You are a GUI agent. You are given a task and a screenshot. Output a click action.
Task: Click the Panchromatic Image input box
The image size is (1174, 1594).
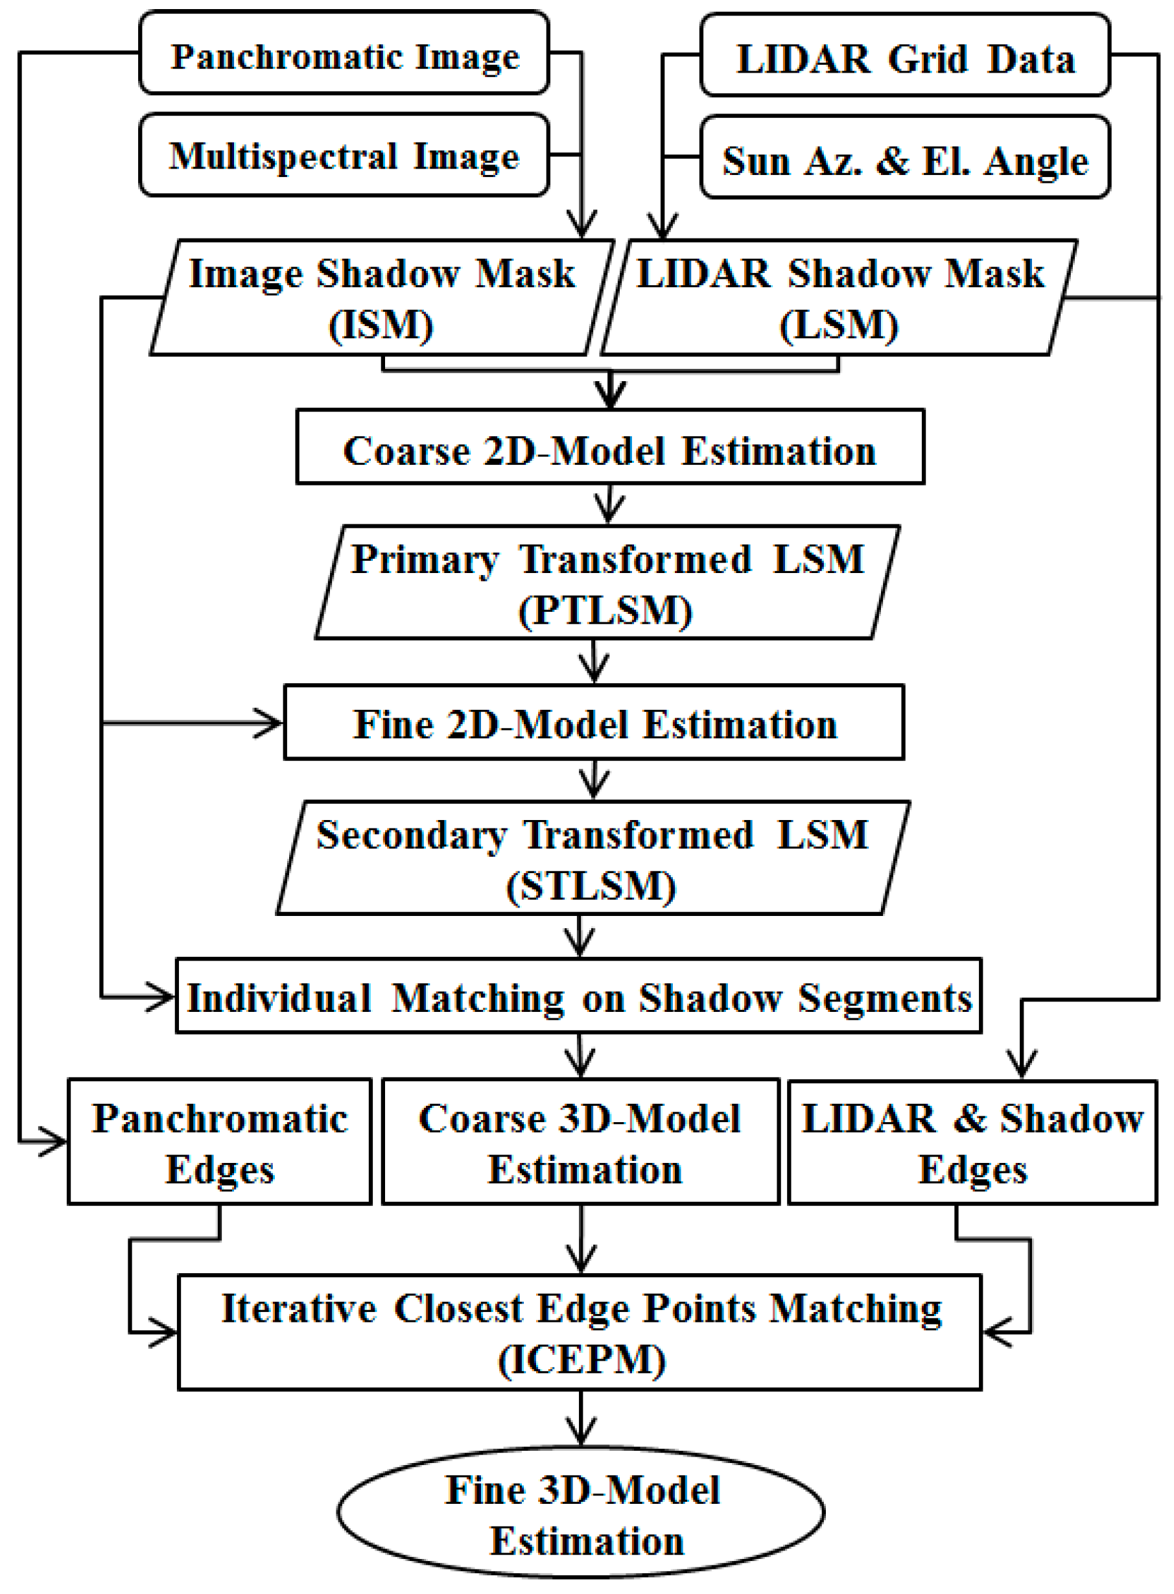pos(344,53)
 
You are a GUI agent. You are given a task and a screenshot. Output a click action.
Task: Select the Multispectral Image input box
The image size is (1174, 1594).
pos(344,155)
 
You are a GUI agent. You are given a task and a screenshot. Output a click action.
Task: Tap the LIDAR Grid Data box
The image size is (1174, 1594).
pos(905,56)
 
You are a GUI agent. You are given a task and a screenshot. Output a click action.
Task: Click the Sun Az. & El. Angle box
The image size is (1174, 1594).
pos(905,158)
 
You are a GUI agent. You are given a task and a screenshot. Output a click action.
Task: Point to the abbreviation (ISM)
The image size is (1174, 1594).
pos(381,325)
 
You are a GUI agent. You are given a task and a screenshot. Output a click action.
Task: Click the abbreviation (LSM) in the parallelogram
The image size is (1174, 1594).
pos(839,325)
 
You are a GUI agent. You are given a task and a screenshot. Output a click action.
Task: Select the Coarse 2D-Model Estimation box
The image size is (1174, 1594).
pos(610,448)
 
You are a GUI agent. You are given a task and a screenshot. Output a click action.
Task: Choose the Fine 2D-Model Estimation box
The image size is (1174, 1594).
pos(594,723)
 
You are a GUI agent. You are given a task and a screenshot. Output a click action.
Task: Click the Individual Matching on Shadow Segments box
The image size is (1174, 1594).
pos(578,996)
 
